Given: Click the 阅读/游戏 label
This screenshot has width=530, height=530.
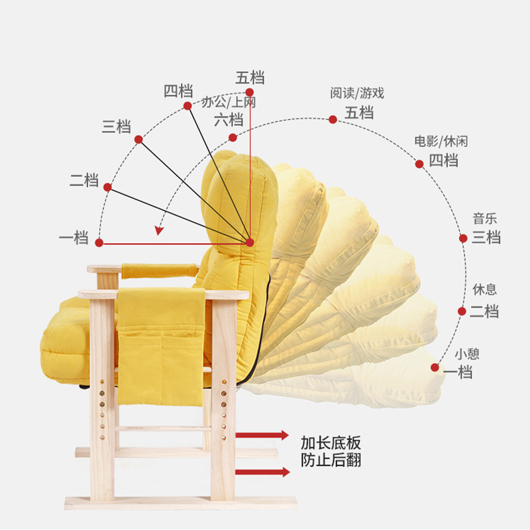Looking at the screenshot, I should (x=357, y=93).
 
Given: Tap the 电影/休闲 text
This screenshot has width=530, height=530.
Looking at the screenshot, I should (x=441, y=141).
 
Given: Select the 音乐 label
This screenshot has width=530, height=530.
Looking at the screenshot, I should (x=484, y=219).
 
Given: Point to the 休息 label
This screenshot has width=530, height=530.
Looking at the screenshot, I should (x=484, y=290).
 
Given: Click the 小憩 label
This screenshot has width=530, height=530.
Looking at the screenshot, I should (x=467, y=354).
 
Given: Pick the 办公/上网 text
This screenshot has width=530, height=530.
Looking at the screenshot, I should (x=229, y=103).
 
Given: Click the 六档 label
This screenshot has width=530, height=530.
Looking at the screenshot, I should (x=228, y=120).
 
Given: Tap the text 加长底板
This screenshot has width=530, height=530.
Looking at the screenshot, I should (x=331, y=443).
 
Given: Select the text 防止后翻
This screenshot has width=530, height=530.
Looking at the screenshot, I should (x=331, y=460).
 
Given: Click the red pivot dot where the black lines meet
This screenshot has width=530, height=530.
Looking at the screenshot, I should (x=250, y=242).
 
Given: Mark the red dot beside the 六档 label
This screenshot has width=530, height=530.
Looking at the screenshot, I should (x=233, y=137).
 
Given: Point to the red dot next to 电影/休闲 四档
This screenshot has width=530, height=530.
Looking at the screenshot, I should (x=419, y=164).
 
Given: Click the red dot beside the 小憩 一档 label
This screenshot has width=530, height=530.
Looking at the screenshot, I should (x=435, y=367).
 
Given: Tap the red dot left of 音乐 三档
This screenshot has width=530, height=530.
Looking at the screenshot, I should (x=464, y=238).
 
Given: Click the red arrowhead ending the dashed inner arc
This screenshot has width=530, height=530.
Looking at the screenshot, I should (x=158, y=231).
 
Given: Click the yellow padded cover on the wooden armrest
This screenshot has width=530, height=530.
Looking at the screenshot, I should (x=160, y=270).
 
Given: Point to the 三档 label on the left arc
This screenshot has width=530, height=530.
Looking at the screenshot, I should (x=117, y=127).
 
